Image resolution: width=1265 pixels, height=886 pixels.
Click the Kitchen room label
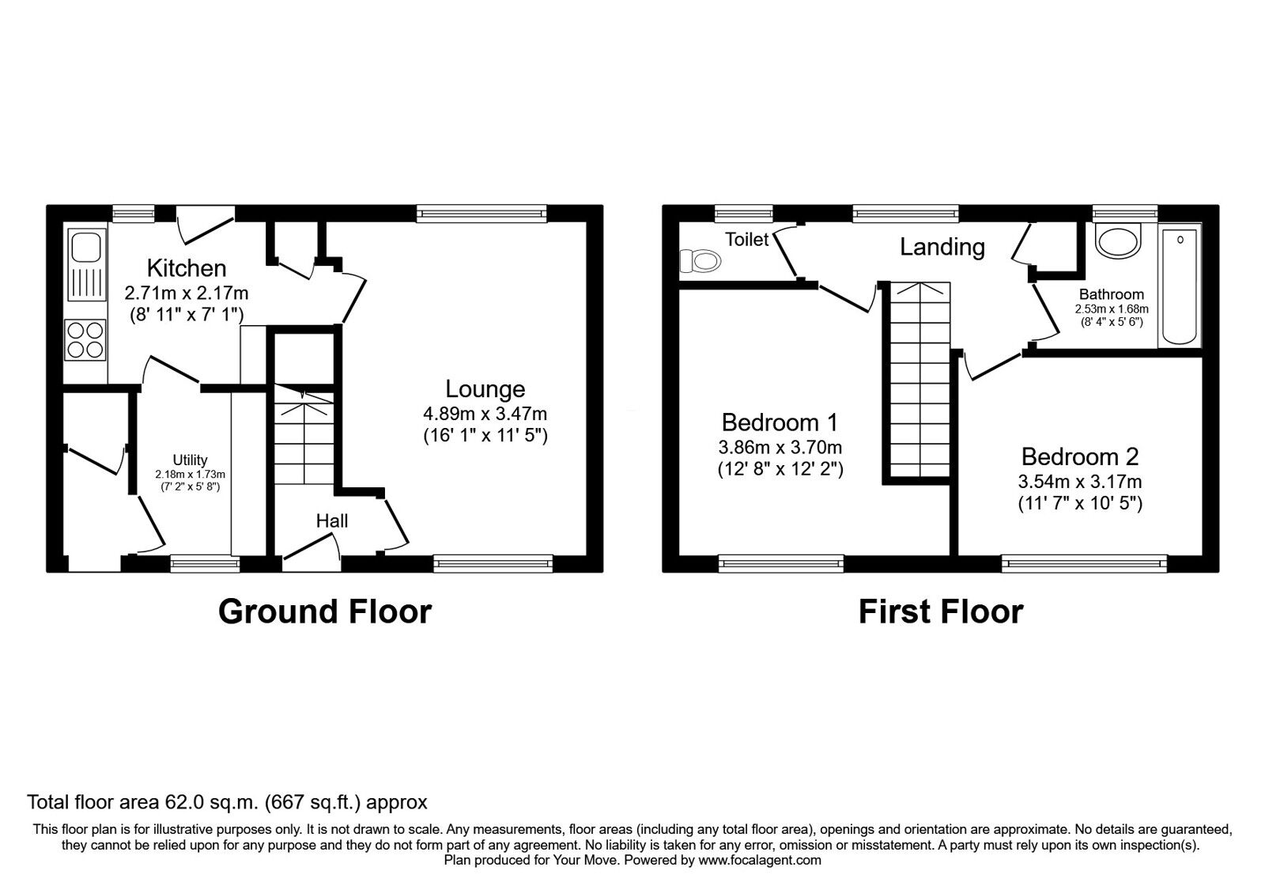187,268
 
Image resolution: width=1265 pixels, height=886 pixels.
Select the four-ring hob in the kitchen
86,340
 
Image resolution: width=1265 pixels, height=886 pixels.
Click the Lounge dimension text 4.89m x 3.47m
485,414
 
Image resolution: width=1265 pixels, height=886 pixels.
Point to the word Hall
332,521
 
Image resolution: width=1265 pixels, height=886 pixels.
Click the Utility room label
191,460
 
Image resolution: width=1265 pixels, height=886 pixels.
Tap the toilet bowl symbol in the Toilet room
700,261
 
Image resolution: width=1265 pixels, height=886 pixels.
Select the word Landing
942,247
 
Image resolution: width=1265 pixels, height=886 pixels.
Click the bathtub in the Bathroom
1180,286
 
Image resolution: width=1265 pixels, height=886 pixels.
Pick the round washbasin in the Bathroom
1118,241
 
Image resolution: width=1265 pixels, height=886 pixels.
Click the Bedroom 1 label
780,422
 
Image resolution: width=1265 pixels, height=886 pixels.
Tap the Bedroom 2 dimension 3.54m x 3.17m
1080,482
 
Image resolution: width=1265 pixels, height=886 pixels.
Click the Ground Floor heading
325,611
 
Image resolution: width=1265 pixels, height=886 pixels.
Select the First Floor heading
941,611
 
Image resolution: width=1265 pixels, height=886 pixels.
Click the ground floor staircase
304,434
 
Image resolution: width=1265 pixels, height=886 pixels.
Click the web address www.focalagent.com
760,860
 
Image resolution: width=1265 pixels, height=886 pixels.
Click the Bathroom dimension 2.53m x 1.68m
1112,309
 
